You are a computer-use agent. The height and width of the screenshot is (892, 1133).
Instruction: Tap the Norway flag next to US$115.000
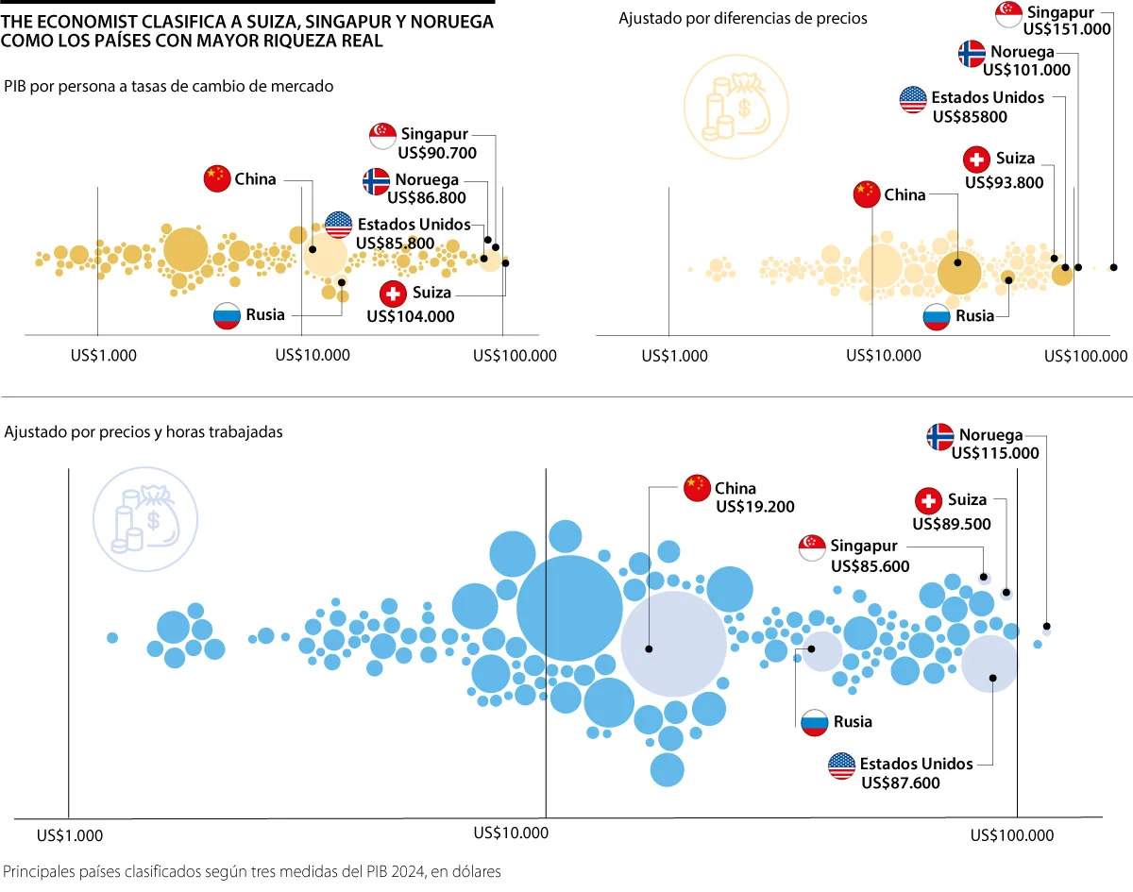pyautogui.click(x=939, y=436)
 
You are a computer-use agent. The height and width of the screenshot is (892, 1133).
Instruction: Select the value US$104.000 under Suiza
pyautogui.click(x=410, y=316)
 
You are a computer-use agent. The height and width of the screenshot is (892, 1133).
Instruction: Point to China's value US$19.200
pyautogui.click(x=754, y=507)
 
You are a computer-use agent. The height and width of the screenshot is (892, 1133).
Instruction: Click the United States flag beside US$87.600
pyautogui.click(x=841, y=766)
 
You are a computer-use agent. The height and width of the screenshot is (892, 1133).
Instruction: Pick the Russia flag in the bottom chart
pyautogui.click(x=815, y=722)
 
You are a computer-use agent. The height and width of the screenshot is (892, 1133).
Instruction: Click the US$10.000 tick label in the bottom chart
pyautogui.click(x=510, y=833)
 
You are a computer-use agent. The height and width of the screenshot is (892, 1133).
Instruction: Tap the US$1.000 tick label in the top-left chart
pyautogui.click(x=106, y=356)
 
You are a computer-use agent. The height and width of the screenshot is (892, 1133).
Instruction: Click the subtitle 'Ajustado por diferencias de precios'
pyautogui.click(x=742, y=18)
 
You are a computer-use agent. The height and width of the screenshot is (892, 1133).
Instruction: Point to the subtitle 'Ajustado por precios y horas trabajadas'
pyautogui.click(x=144, y=431)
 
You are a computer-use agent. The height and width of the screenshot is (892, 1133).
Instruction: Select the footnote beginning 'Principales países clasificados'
pyautogui.click(x=252, y=871)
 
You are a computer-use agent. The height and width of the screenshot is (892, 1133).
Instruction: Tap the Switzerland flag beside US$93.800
pyautogui.click(x=976, y=160)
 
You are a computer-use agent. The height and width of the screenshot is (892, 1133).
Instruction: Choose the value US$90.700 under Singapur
pyautogui.click(x=437, y=153)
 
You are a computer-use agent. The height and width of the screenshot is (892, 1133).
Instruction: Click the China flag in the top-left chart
pyautogui.click(x=217, y=178)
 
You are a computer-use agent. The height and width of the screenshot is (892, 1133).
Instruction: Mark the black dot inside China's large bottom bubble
pyautogui.click(x=650, y=649)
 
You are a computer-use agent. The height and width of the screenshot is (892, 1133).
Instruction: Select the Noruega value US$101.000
pyautogui.click(x=1026, y=70)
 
